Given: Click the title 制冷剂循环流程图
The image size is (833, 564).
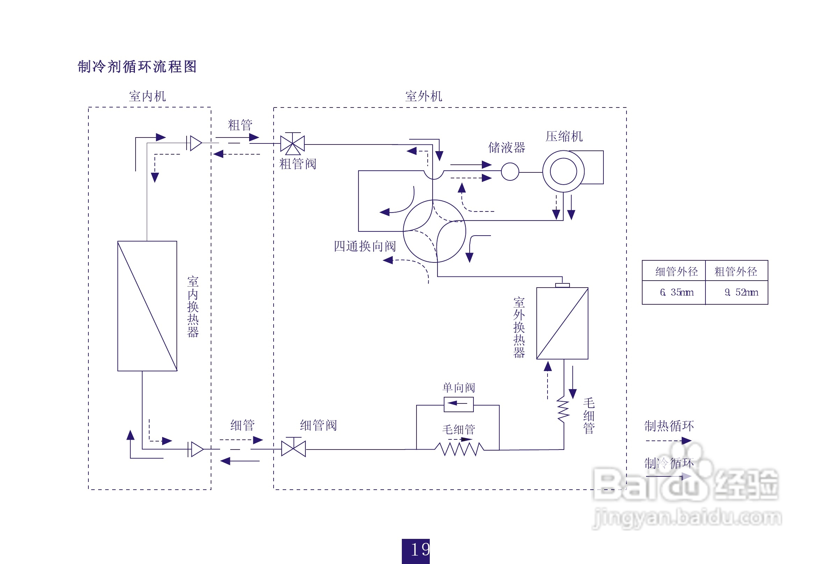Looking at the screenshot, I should pyautogui.click(x=137, y=67).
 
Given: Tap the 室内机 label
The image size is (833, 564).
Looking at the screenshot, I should pyautogui.click(x=147, y=96).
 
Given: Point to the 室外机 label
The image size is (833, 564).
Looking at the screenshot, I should pyautogui.click(x=424, y=96).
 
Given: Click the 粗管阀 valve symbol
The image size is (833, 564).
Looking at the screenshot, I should pyautogui.click(x=292, y=144).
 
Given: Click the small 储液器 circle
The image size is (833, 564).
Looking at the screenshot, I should pyautogui.click(x=510, y=171).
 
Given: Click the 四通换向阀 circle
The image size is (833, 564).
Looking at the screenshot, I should pyautogui.click(x=434, y=231).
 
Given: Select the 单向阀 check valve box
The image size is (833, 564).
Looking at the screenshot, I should pyautogui.click(x=458, y=404).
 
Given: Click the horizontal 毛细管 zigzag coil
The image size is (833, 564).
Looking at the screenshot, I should pyautogui.click(x=459, y=449).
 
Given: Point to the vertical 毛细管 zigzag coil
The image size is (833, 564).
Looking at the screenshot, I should pyautogui.click(x=563, y=409).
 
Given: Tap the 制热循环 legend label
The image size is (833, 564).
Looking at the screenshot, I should pyautogui.click(x=669, y=426).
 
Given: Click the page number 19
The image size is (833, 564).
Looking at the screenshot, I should pyautogui.click(x=416, y=550).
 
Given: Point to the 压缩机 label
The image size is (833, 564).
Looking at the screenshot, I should pyautogui.click(x=564, y=136).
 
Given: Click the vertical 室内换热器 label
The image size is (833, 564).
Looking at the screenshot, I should pyautogui.click(x=193, y=306).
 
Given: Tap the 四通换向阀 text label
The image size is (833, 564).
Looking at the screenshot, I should pyautogui.click(x=365, y=246).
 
